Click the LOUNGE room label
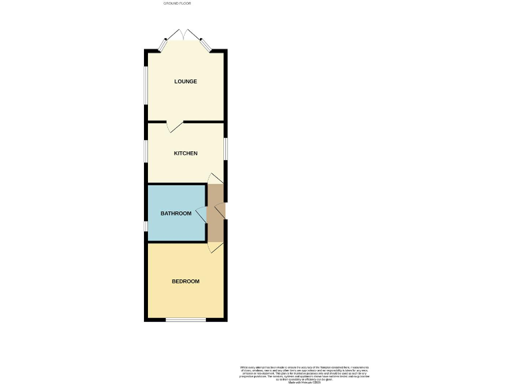[x=185, y=82]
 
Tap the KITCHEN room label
[x=185, y=153]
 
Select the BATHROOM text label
[x=176, y=213]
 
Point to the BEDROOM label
[x=185, y=281]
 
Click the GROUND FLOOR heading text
[x=177, y=4]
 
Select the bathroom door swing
[x=201, y=213]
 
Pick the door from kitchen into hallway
[x=215, y=178]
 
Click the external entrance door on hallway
[x=221, y=211]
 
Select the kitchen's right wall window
[x=225, y=148]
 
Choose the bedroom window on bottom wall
[x=185, y=320]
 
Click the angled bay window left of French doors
[x=163, y=45]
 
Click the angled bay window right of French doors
[x=207, y=45]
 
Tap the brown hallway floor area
[x=215, y=227]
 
